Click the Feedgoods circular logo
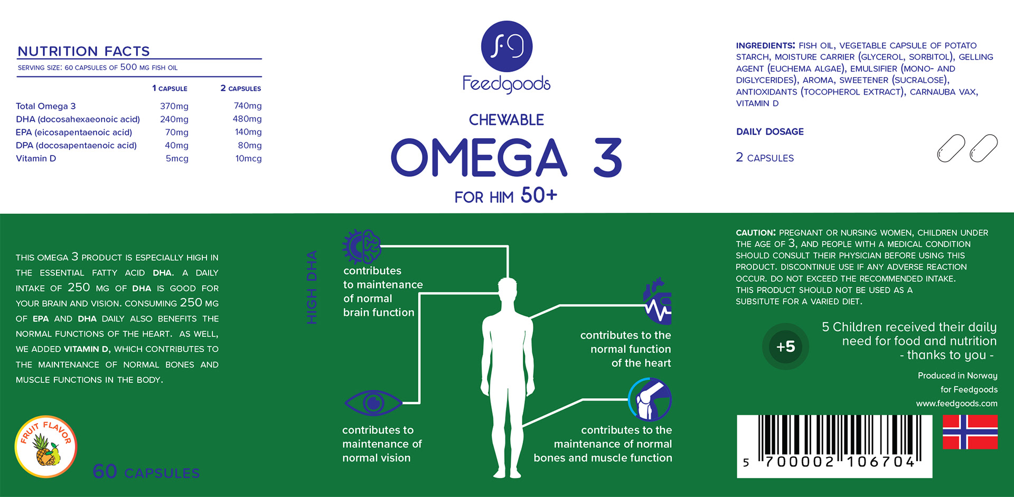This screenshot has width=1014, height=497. (x=506, y=46)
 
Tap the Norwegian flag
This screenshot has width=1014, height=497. (x=970, y=432)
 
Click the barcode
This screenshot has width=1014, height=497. (x=834, y=446)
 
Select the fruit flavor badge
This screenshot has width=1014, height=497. (x=46, y=447)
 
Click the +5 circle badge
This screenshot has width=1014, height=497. (x=785, y=346)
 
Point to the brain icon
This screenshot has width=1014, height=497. (x=362, y=246)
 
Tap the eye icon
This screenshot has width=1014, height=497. (x=373, y=403)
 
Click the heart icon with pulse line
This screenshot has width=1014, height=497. (x=658, y=302)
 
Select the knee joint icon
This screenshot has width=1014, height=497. (x=650, y=399)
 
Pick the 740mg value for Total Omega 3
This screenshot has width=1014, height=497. (x=248, y=106)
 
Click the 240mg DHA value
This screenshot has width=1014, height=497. (x=174, y=119)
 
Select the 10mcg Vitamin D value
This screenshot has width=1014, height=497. (x=248, y=158)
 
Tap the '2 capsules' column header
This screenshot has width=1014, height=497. (x=241, y=88)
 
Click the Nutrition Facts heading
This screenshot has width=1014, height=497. (x=84, y=51)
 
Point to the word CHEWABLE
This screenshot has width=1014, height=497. (x=506, y=120)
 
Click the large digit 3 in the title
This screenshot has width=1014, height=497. (x=608, y=157)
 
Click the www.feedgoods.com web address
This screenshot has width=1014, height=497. (x=956, y=404)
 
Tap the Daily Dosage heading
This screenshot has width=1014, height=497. (x=769, y=132)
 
